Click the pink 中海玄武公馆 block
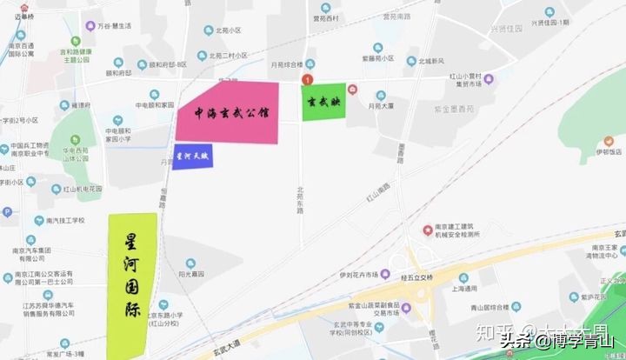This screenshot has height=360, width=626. coord(228,113)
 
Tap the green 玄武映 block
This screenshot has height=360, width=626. coord(324,102)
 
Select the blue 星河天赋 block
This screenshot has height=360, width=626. coord(192,157)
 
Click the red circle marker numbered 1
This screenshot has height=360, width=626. coord(305,80)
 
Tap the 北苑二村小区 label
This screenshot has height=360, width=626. coord(228,55)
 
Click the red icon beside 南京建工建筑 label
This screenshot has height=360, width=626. coord(426,230)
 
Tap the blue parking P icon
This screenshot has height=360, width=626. coord(8,211)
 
